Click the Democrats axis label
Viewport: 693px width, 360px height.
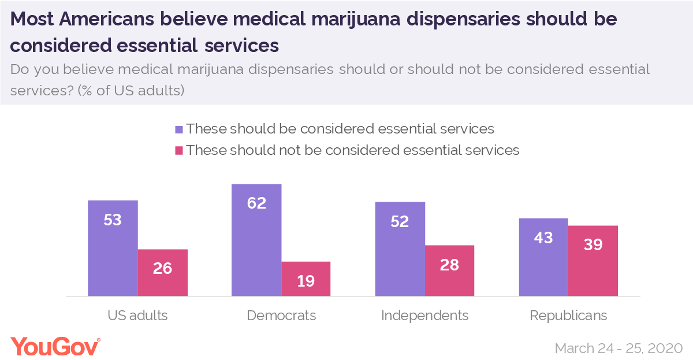[x=281, y=316]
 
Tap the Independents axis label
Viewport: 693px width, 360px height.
[x=425, y=316]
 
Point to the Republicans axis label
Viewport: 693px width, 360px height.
[x=568, y=316]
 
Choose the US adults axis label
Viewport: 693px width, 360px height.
[x=137, y=316]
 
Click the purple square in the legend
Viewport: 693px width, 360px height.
[x=179, y=129]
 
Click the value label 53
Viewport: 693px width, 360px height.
[x=113, y=220]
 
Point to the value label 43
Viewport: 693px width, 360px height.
[x=543, y=237]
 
